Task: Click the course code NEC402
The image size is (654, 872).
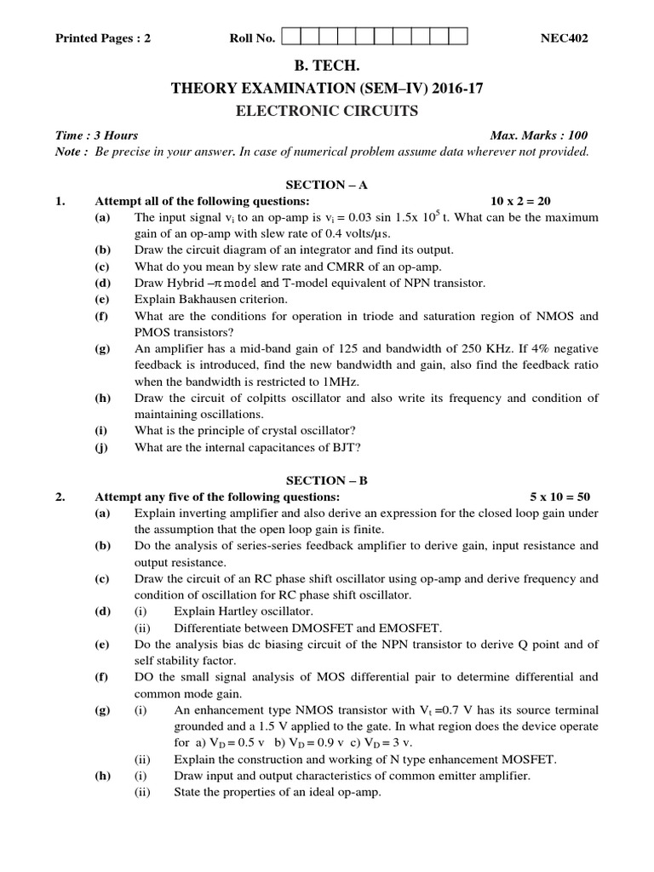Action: point(565,37)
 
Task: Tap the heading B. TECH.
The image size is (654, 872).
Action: point(326,69)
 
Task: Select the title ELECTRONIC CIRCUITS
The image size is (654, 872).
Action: point(326,110)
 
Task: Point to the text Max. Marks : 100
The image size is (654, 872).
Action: point(539,135)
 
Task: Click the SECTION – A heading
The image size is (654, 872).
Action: point(327,184)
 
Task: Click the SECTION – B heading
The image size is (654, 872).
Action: point(327,479)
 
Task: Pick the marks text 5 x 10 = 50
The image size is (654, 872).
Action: point(559,496)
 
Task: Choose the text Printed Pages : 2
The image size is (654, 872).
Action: point(103,38)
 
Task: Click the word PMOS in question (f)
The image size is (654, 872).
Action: point(154,332)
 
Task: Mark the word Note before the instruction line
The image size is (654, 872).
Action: point(69,152)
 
